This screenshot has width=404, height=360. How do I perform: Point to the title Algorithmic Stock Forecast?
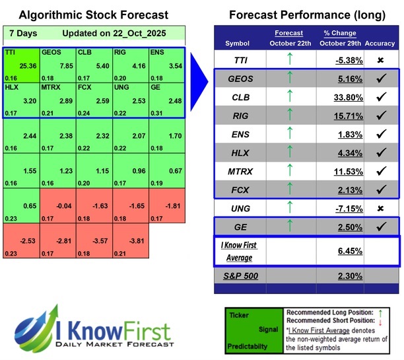pyautogui.click(x=92, y=15)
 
